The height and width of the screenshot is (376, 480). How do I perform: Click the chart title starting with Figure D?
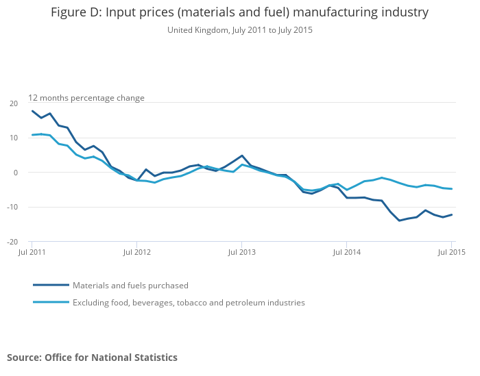pos(239,12)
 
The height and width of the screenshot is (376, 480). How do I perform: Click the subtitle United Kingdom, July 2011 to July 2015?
pos(239,30)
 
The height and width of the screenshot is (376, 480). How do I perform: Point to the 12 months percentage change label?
pos(86,98)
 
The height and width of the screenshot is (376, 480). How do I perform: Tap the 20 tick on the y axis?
pos(14,103)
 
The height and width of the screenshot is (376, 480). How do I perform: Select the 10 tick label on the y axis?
pos(14,138)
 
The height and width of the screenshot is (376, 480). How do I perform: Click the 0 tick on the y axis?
pos(16,173)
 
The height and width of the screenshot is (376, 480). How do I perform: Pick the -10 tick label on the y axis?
pos(12,207)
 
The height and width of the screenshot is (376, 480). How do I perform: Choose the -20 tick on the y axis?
pos(12,242)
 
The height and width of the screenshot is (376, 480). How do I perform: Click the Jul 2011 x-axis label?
pos(32,253)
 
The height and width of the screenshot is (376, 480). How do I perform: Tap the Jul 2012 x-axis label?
pos(136,253)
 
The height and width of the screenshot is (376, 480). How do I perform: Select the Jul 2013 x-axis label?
pos(241,253)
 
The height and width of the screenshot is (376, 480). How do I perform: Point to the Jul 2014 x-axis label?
pos(346,253)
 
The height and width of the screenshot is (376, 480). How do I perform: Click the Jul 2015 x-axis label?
pos(451,253)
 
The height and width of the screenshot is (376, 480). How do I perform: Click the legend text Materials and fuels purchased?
pos(130,286)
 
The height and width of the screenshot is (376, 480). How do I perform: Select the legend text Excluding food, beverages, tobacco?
pos(189,303)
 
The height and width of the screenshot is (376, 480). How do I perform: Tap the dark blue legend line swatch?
pos(51,285)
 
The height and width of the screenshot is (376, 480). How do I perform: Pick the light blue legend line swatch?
pos(51,302)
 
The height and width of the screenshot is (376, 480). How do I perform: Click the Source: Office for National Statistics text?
pos(92,358)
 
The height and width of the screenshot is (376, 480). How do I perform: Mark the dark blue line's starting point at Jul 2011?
pos(32,111)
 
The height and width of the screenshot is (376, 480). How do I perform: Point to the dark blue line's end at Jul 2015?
pos(452,214)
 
